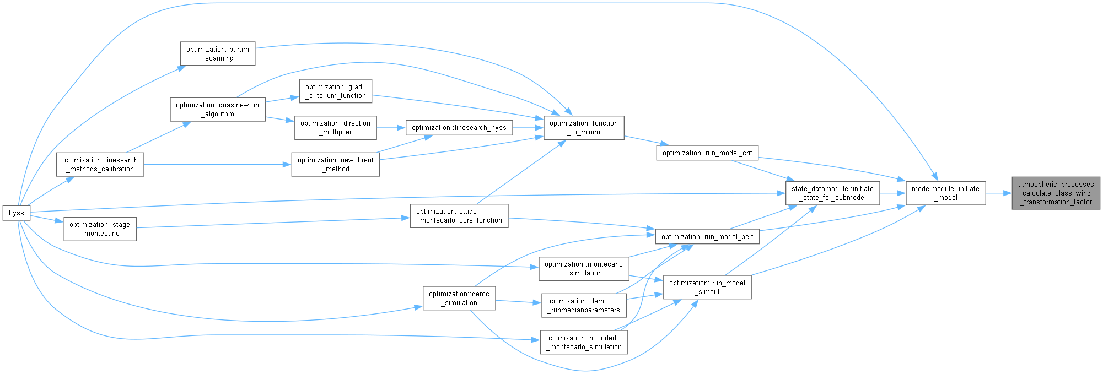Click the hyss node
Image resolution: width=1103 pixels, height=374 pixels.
[x=16, y=213]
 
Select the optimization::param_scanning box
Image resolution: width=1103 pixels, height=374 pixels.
[x=218, y=54]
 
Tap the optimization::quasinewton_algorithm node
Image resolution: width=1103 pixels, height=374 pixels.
[x=218, y=110]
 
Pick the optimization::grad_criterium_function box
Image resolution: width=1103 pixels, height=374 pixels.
[x=335, y=91]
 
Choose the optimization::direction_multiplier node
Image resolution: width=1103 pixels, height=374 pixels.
[x=335, y=128]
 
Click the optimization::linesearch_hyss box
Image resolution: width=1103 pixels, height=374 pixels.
[x=459, y=128]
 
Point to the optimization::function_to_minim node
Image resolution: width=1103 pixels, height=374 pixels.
[x=583, y=128]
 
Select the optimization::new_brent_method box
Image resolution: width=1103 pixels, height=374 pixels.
[x=335, y=165]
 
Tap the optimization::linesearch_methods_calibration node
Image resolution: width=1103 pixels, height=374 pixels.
[x=100, y=165]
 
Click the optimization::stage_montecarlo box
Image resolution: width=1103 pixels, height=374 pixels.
[x=100, y=229]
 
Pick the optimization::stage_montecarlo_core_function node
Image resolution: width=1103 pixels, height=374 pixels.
[x=459, y=216]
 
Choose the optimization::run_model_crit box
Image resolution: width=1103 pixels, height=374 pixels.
[x=707, y=153]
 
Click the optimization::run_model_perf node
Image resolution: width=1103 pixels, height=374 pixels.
[x=707, y=237]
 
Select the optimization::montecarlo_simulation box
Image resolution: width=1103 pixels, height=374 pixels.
[x=583, y=269]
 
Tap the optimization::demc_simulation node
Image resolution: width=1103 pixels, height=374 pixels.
[x=459, y=299]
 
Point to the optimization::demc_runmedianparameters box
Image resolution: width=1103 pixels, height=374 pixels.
[x=583, y=306]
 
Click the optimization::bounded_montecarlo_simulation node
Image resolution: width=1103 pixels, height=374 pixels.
[x=583, y=343]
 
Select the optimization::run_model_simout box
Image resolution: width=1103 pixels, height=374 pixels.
[x=707, y=288]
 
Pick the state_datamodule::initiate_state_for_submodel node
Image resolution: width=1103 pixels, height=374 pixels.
[x=832, y=193]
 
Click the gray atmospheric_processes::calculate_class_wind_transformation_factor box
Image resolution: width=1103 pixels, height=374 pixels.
[x=1056, y=193]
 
